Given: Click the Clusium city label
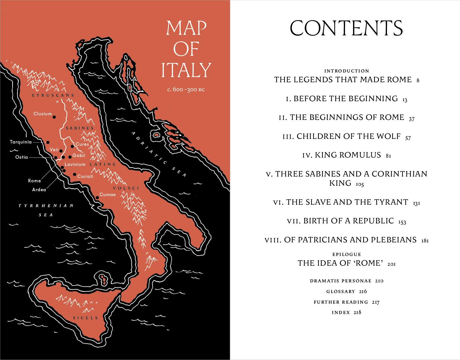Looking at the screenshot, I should (43, 114).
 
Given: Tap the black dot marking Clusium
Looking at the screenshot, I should (54, 117).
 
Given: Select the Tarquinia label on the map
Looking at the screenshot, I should (21, 142).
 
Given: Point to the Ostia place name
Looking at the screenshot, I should (22, 157).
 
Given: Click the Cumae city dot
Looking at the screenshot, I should (97, 198).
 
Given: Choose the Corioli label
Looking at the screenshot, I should (85, 177).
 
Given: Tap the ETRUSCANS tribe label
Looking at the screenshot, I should (53, 95).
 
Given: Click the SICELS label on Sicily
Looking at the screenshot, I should (85, 318).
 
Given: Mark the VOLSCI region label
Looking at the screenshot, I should (126, 188).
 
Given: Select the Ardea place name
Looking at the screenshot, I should (39, 190).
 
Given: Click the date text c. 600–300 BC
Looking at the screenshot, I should (186, 89).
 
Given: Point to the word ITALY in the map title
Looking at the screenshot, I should (186, 70).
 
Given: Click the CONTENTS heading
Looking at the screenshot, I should (346, 28).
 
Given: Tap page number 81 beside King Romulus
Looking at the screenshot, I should (388, 156).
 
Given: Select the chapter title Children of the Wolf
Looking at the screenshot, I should (348, 136).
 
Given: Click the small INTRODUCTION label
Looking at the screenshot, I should (347, 71).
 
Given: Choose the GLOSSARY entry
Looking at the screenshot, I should (341, 292).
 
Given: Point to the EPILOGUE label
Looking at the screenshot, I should (347, 254).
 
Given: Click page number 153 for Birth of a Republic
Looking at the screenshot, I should (402, 222).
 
